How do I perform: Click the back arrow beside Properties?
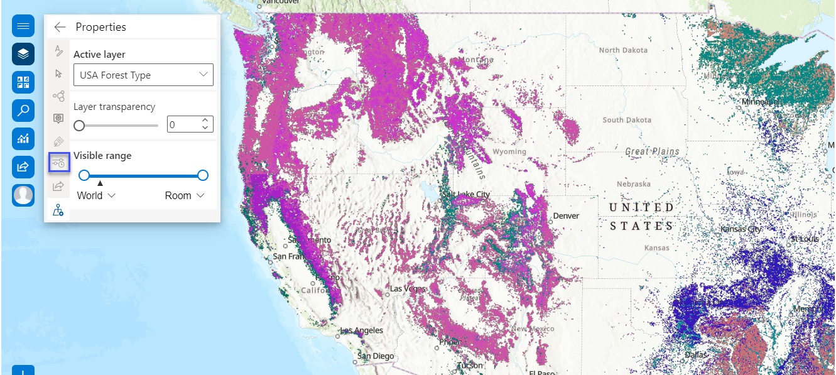pyautogui.click(x=60, y=27)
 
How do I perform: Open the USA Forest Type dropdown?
pyautogui.click(x=143, y=75)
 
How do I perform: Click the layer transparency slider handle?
pyautogui.click(x=79, y=126)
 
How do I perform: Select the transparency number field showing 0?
pyautogui.click(x=183, y=124)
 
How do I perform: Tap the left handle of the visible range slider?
pyautogui.click(x=84, y=175)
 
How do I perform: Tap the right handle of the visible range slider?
pyautogui.click(x=202, y=175)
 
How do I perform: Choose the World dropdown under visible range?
pyautogui.click(x=96, y=195)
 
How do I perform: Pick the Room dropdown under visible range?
pyautogui.click(x=185, y=195)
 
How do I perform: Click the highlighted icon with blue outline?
pyautogui.click(x=59, y=163)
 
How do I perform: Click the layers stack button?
pyautogui.click(x=23, y=55)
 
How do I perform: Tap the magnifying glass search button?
pyautogui.click(x=23, y=111)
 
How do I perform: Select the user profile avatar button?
pyautogui.click(x=23, y=195)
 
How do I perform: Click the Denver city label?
pyautogui.click(x=566, y=216)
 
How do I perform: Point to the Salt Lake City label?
pyautogui.click(x=465, y=195)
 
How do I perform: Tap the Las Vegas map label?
pyautogui.click(x=408, y=289)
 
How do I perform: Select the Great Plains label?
pyautogui.click(x=652, y=151)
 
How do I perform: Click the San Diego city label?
pyautogui.click(x=376, y=356)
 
